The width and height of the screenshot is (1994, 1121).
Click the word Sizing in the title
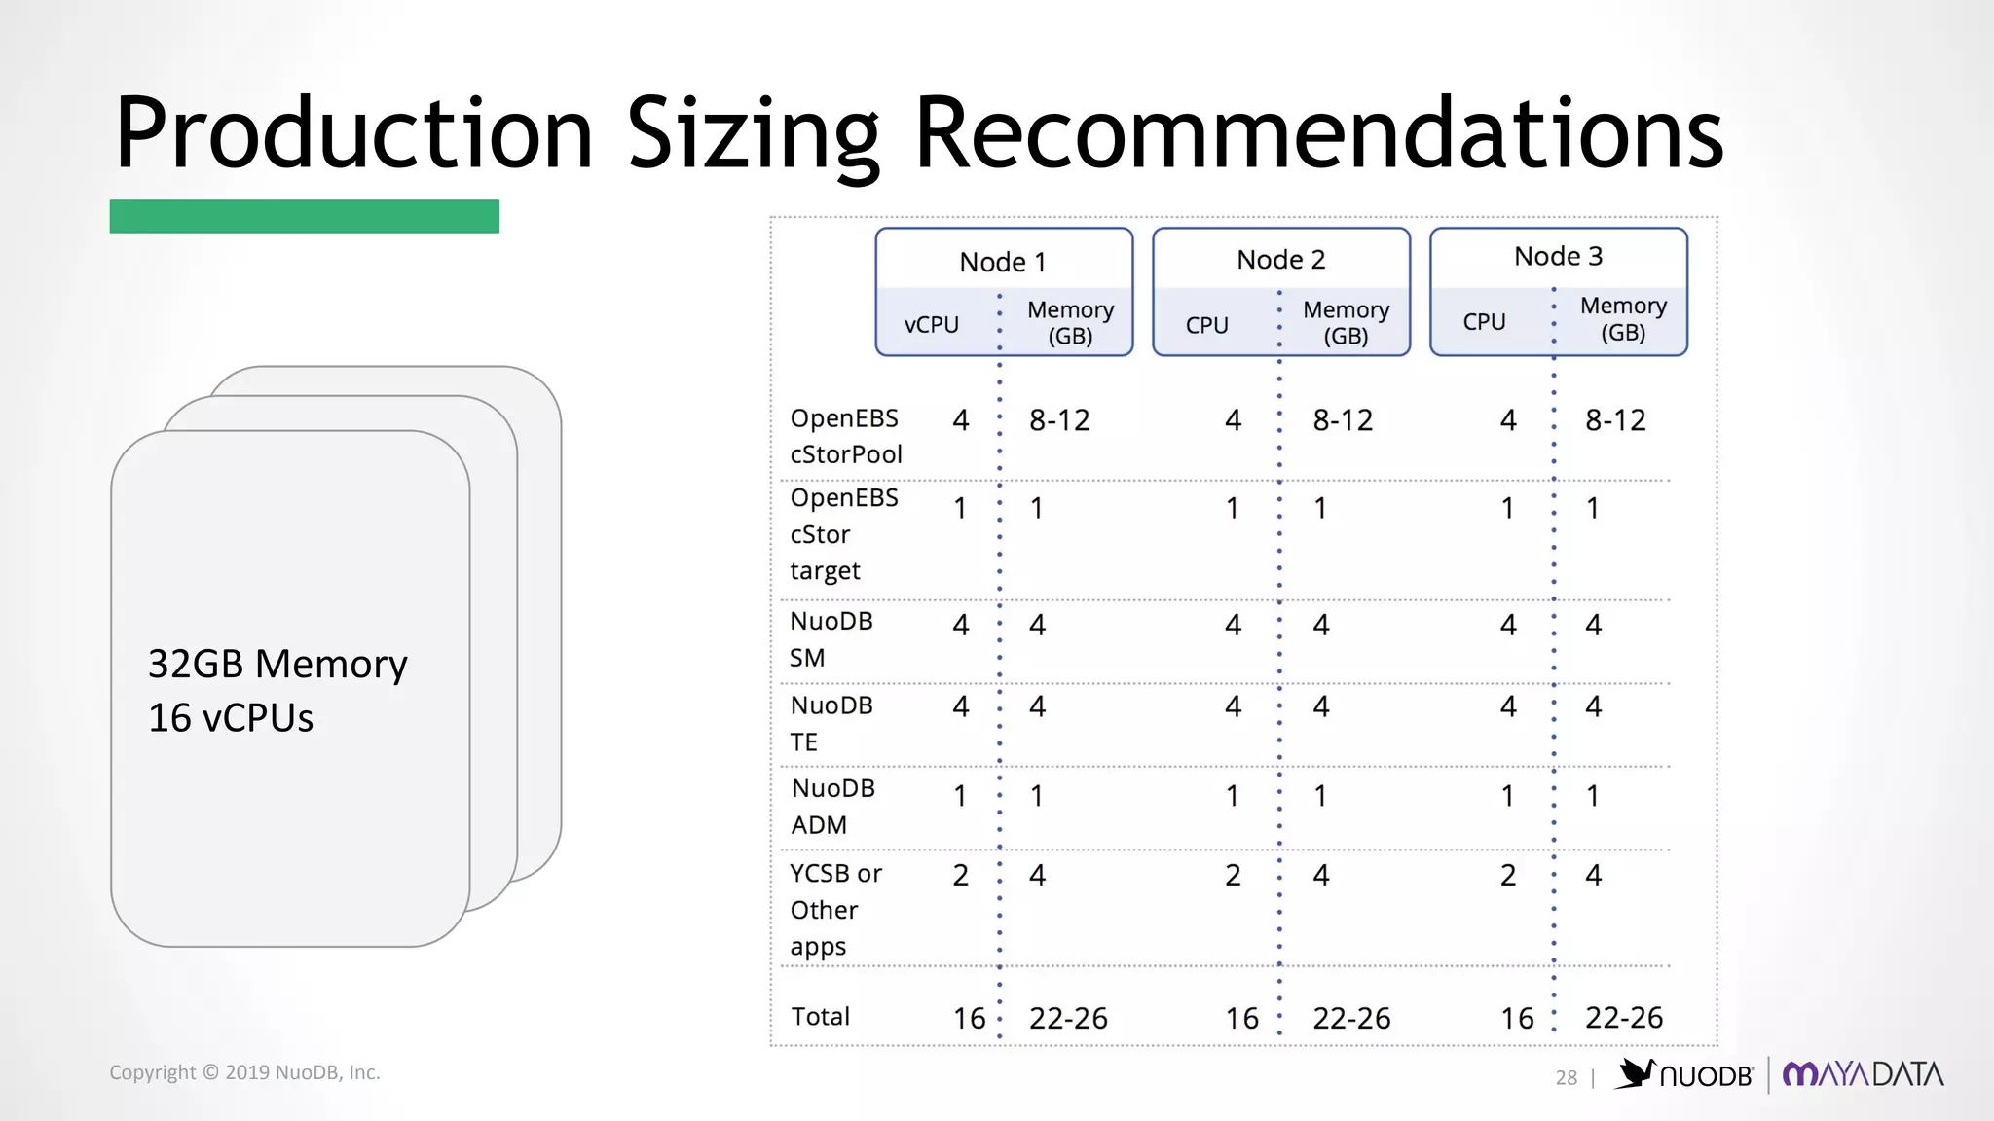[x=753, y=133]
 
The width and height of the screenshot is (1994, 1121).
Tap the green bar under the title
[x=304, y=216]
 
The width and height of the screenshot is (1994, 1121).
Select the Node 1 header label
[x=1003, y=262]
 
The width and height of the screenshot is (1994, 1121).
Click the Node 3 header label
[x=1558, y=256]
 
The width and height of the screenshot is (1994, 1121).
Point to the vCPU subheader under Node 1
[x=932, y=324]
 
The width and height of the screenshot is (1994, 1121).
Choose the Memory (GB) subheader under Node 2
[x=1346, y=322]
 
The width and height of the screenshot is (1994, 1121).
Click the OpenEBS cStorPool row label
[x=845, y=436]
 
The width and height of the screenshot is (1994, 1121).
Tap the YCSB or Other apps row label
[x=835, y=909]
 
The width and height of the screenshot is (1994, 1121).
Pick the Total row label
[x=821, y=1016]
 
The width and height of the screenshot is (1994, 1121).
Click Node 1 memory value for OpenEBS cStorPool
[x=1059, y=420]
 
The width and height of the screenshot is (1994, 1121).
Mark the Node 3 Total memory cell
[x=1624, y=1017]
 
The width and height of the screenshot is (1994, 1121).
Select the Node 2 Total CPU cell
[x=1242, y=1018]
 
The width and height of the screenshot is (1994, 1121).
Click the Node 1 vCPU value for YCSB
[x=960, y=875]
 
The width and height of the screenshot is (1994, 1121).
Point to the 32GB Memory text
[x=277, y=664]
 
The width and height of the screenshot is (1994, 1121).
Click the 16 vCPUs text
[x=231, y=718]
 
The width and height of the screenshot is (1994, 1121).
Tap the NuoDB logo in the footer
[x=1685, y=1074]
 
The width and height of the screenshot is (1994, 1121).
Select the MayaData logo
[x=1863, y=1074]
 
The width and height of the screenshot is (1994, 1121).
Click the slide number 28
[x=1566, y=1077]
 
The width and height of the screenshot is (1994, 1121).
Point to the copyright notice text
[x=244, y=1072]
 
